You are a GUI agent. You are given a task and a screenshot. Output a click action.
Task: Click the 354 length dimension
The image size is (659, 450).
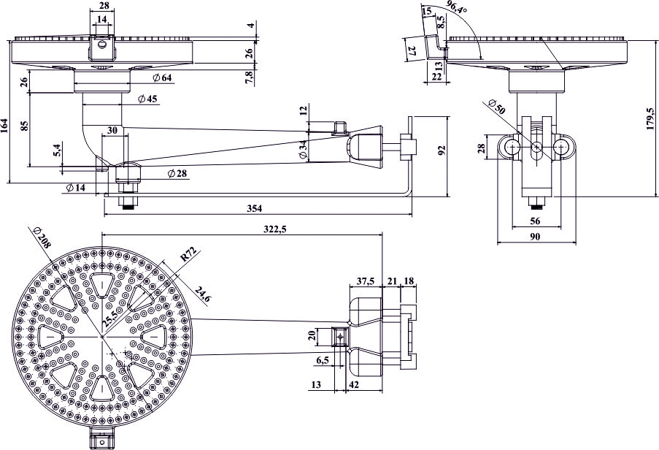254,208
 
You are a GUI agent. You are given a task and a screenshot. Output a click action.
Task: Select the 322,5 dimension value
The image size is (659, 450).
276,229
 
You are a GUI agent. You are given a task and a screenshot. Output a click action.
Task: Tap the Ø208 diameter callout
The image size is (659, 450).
41,238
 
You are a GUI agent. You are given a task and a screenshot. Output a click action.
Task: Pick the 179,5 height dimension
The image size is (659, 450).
650,118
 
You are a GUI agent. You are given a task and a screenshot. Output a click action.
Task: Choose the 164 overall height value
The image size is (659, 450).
4,126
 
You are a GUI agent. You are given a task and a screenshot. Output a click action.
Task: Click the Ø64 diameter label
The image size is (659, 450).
162,78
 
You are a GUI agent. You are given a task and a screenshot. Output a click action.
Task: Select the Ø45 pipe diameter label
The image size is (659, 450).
147,99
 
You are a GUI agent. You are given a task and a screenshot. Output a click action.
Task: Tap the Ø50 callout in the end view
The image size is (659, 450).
497,107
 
